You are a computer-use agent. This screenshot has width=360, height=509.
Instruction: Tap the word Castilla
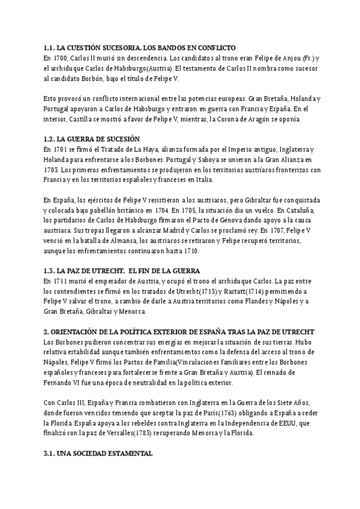coord(77,119)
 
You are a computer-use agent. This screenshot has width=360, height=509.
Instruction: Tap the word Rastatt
coord(237,291)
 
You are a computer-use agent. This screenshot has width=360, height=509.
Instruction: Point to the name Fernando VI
coord(65,383)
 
